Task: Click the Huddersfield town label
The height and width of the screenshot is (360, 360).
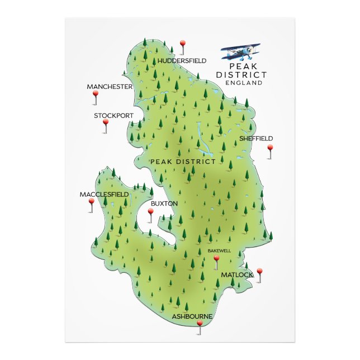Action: [x=182, y=60]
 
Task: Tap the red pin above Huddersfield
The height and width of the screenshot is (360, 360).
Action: [x=183, y=43]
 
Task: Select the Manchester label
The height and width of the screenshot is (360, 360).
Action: [x=110, y=87]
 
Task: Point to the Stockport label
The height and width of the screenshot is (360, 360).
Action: [x=114, y=116]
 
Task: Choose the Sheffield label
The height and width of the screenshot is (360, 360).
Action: [x=256, y=138]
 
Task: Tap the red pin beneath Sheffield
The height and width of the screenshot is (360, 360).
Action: [x=270, y=148]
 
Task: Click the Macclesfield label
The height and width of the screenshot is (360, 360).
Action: [x=104, y=195]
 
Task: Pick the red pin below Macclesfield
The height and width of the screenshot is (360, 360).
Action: [x=92, y=202]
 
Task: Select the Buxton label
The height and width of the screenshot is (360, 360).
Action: [x=164, y=203]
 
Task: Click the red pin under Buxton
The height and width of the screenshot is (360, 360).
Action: [x=150, y=212]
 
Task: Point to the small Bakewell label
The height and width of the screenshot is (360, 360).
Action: [x=219, y=250]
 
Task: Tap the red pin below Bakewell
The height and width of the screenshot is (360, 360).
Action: [x=216, y=259]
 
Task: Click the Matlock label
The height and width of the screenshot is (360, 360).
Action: [x=237, y=275]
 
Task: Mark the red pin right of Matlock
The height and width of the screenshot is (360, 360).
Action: [x=259, y=272]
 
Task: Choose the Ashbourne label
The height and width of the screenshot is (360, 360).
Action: [x=192, y=316]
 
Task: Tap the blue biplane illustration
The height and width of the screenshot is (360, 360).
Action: [x=241, y=53]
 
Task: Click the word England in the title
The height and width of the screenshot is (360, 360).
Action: [x=244, y=83]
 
